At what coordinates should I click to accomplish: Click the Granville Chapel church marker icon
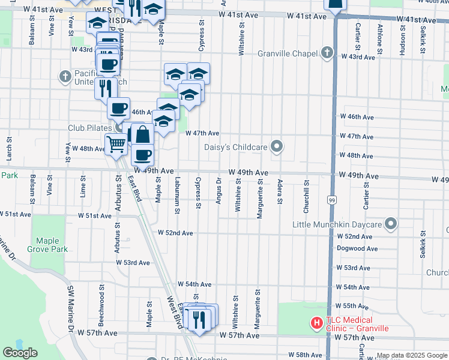(x=327, y=53)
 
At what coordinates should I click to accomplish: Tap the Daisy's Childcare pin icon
(x=277, y=146)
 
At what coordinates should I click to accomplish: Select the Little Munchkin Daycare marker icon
(x=391, y=224)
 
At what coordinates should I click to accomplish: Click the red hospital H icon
(x=316, y=324)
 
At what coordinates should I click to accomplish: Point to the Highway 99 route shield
(x=331, y=198)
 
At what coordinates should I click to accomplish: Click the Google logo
(x=20, y=353)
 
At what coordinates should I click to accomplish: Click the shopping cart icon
(x=115, y=143)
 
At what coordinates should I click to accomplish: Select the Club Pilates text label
(x=90, y=128)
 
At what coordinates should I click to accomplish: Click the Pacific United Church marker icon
(x=65, y=77)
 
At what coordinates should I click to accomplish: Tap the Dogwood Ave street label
(x=357, y=248)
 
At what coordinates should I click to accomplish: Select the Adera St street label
(x=280, y=191)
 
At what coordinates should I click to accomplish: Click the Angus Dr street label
(x=218, y=191)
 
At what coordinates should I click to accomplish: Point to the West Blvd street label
(x=175, y=312)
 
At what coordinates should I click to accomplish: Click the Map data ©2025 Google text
(x=412, y=355)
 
